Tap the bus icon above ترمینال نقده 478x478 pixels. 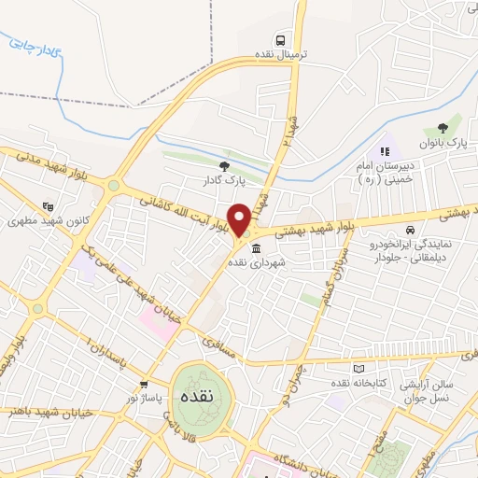[280, 39]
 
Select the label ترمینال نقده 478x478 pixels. [279, 55]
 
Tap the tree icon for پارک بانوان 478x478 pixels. [443, 129]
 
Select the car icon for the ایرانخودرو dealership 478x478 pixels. [410, 230]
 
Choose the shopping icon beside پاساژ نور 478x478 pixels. [143, 383]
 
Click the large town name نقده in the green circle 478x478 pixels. [196, 396]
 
